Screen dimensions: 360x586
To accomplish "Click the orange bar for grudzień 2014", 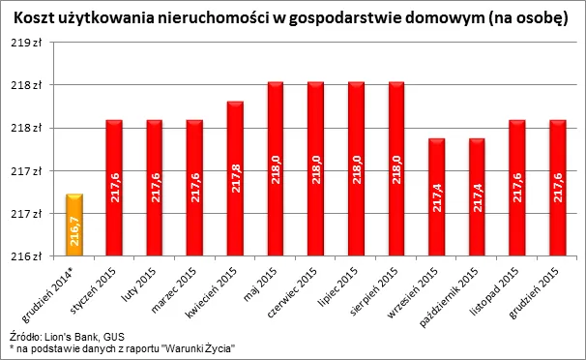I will click(x=73, y=225).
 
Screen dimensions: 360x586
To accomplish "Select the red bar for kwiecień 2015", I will click(x=235, y=179).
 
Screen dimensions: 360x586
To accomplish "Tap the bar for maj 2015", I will click(x=276, y=169).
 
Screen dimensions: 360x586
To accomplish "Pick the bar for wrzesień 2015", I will click(x=436, y=197).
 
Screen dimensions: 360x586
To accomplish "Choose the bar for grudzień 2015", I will click(x=557, y=189).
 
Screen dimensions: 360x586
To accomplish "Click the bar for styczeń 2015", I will click(x=114, y=189).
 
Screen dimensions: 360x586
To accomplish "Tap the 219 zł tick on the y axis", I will click(x=28, y=43).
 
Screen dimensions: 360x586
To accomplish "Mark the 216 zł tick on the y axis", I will click(x=28, y=256).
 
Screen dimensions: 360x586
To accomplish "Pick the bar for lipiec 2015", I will click(x=356, y=169).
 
